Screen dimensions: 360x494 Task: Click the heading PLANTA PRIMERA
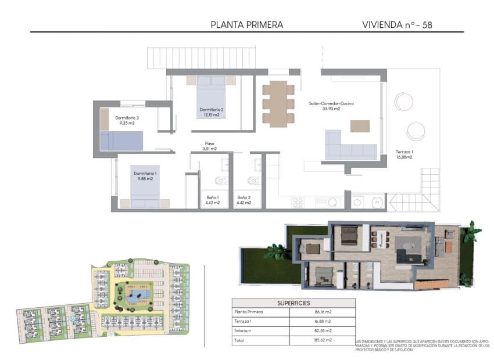coord(247,24)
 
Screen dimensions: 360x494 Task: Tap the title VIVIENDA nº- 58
coord(397,24)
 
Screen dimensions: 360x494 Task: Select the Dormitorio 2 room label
coord(212,112)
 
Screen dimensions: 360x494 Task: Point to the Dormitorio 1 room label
coord(145,176)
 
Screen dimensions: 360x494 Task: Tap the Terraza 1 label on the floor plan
coord(404,154)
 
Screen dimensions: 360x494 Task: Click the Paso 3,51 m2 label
coord(209,146)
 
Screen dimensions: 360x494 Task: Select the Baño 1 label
coord(213,200)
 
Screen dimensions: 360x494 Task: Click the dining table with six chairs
coord(278,103)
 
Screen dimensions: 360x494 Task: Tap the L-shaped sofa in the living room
coord(349,146)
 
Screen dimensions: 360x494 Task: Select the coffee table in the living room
coord(359,125)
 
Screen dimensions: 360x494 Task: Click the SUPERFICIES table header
coord(293,303)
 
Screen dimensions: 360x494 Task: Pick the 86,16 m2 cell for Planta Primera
coord(321,312)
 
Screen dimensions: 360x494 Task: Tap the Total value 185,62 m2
coord(321,340)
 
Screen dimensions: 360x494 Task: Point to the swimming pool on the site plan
coord(138,296)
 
